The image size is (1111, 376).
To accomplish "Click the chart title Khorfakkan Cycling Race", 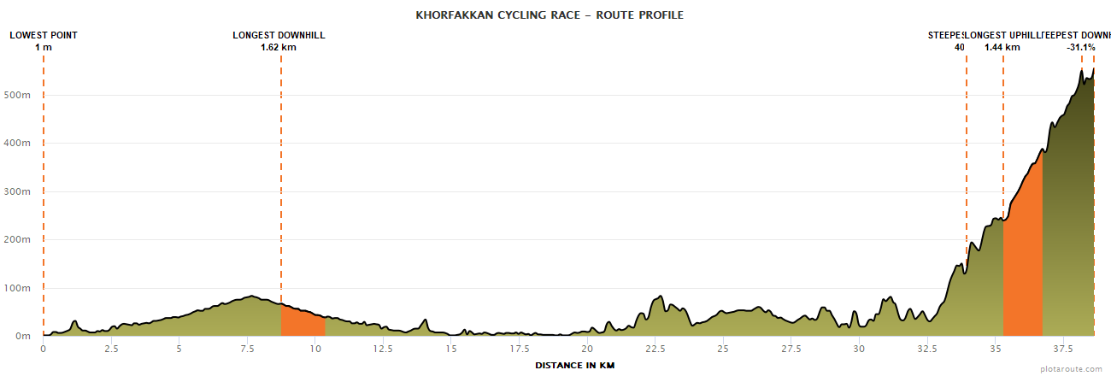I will pos(549,15).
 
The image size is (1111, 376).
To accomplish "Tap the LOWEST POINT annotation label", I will pos(44,35).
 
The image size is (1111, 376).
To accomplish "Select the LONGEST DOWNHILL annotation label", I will pos(279,35).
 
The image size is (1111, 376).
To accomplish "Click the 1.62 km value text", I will pos(279,47).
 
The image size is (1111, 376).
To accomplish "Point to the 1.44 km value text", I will pos(1002,47).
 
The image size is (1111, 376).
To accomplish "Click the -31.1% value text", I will pos(1081,47).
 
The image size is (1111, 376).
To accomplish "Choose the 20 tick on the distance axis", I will pos(587,350).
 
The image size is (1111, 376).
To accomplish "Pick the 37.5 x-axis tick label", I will pos(1062,350).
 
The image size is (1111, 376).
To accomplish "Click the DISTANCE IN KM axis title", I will pos(574,366).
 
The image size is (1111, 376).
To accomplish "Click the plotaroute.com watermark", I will pos(1071,368).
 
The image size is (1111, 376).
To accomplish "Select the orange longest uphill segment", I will pos(1022,273).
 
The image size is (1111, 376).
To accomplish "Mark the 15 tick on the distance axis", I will pos(451,350).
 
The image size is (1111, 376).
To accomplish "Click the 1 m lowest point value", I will pos(44,47).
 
